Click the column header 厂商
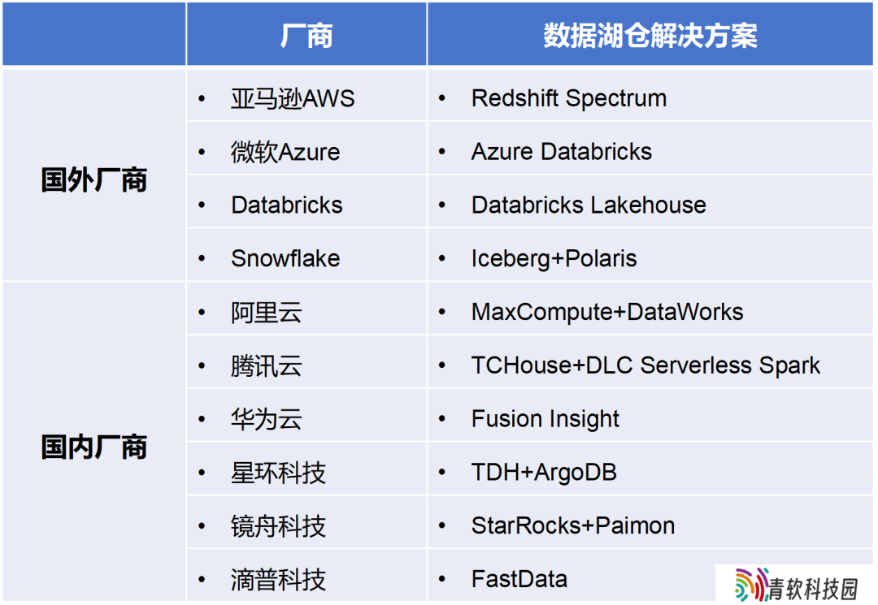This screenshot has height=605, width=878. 306,35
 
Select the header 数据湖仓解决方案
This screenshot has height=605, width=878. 650,35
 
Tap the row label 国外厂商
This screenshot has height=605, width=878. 94,180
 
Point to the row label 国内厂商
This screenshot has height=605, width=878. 94,447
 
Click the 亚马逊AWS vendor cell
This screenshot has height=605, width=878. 293,98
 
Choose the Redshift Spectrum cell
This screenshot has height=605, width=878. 569,98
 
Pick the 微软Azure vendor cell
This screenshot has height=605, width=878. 285,152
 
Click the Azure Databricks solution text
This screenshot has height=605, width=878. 562,152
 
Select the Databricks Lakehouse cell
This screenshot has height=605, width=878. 589,205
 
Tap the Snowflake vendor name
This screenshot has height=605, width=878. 285,258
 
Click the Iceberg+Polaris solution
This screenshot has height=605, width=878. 554,259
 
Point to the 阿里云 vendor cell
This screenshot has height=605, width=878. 267,312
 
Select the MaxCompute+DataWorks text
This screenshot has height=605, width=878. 607,312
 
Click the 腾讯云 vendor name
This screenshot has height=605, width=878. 267,365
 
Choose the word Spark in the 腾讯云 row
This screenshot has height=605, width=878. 789,365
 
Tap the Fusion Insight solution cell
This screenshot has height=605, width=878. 545,419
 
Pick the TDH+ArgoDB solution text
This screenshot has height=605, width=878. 544,473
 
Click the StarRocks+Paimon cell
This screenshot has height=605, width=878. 573,525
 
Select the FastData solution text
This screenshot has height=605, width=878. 519,579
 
